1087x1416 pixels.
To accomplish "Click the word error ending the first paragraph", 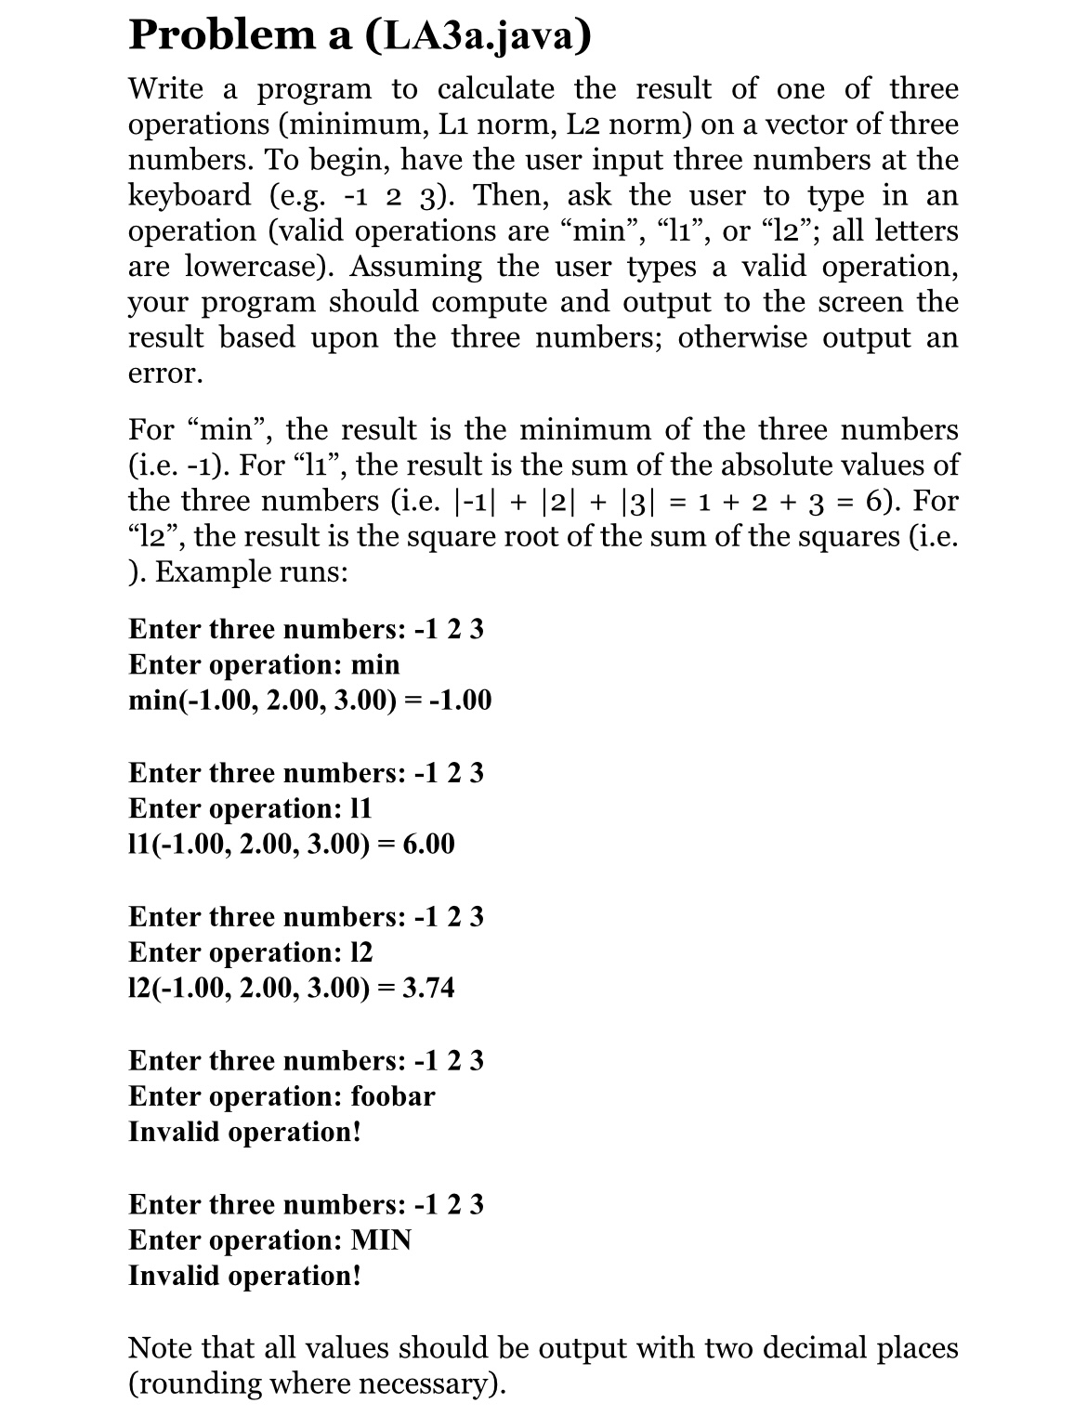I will point(162,374).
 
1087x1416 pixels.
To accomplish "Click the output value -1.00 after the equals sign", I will point(459,701).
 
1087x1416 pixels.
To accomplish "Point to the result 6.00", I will point(423,845).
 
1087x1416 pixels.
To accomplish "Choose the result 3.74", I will point(423,988).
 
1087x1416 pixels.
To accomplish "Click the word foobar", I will point(392,1096).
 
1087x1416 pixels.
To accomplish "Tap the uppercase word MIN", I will point(381,1240).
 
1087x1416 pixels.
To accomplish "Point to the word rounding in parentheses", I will point(197,1384).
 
